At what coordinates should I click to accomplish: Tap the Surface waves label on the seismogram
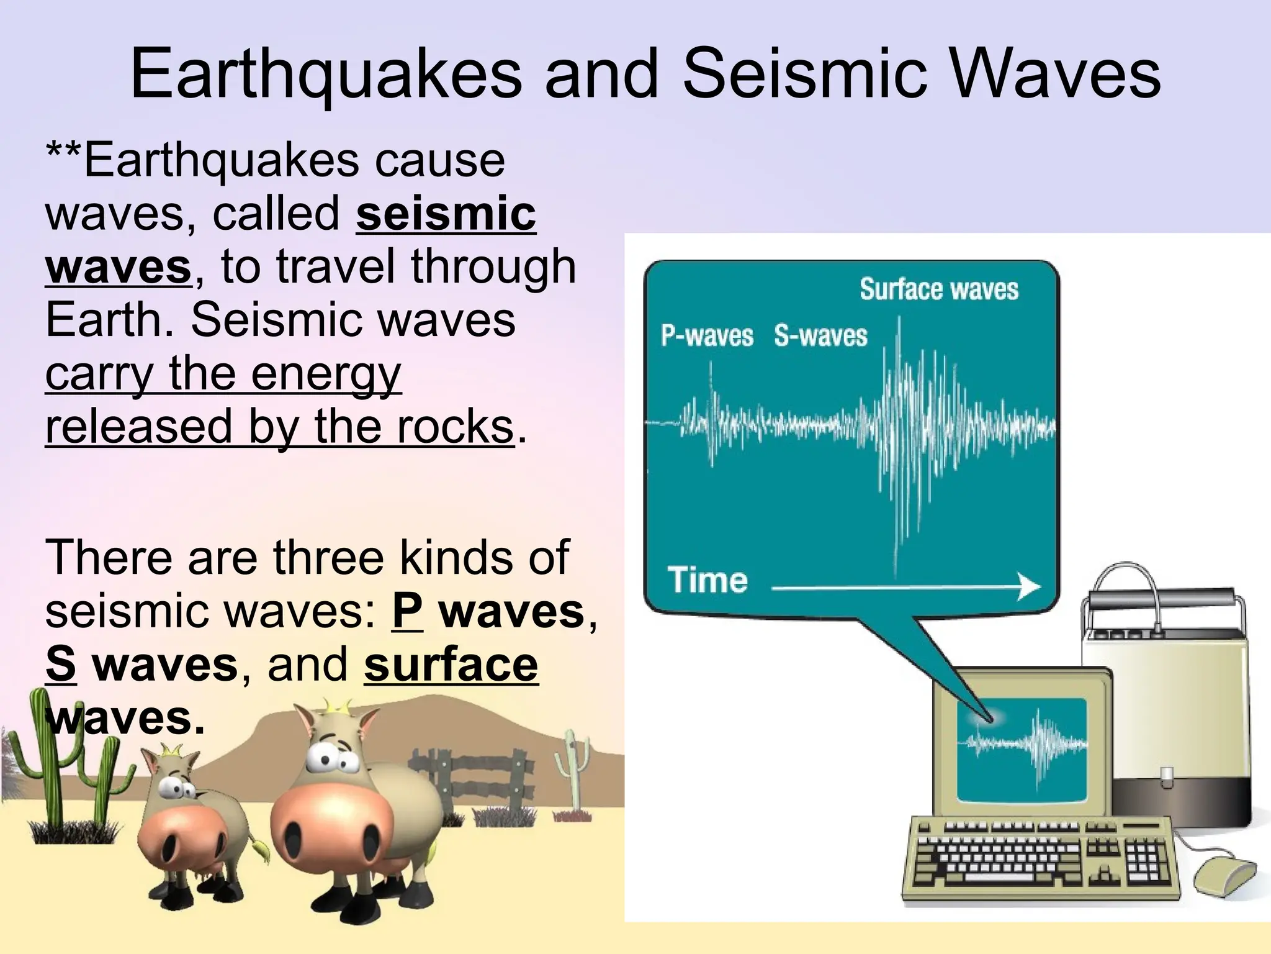coord(938,289)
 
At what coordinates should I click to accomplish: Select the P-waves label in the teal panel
coord(706,336)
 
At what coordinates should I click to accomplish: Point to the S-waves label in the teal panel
coord(820,336)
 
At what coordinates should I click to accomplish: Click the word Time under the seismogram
coord(707,579)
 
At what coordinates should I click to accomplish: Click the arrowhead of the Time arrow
coord(1030,586)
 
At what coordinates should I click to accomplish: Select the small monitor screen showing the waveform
coord(1022,748)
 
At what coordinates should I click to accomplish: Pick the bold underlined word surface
coord(451,665)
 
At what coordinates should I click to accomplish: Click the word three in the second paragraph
coord(329,557)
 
